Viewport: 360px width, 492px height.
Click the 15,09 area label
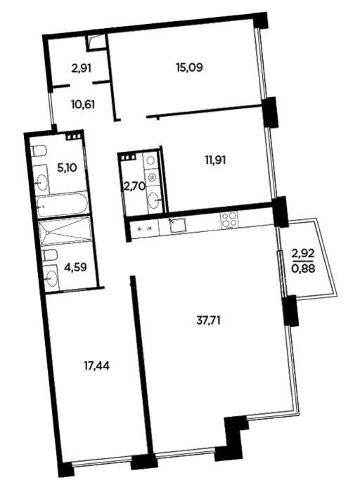pyautogui.click(x=189, y=67)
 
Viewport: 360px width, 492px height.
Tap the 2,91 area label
pyautogui.click(x=82, y=68)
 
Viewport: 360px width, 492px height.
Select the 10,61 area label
pyautogui.click(x=83, y=104)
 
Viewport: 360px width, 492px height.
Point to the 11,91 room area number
pyautogui.click(x=215, y=160)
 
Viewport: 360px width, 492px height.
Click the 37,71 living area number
pyautogui.click(x=208, y=321)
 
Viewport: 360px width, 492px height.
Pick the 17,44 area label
pyautogui.click(x=96, y=365)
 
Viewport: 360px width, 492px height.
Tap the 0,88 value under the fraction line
pyautogui.click(x=303, y=268)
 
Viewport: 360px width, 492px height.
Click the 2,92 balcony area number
pyautogui.click(x=303, y=253)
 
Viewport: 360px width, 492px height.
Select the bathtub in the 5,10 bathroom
pyautogui.click(x=61, y=206)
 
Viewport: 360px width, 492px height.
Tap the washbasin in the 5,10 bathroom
pyautogui.click(x=41, y=182)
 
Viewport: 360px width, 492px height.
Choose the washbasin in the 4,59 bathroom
pyautogui.click(x=51, y=277)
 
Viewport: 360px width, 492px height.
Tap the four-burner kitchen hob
pyautogui.click(x=229, y=219)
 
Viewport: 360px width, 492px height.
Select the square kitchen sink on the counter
pyautogui.click(x=179, y=225)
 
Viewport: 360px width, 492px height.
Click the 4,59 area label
pyautogui.click(x=75, y=268)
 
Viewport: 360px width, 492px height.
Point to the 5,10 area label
pyautogui.click(x=67, y=168)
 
